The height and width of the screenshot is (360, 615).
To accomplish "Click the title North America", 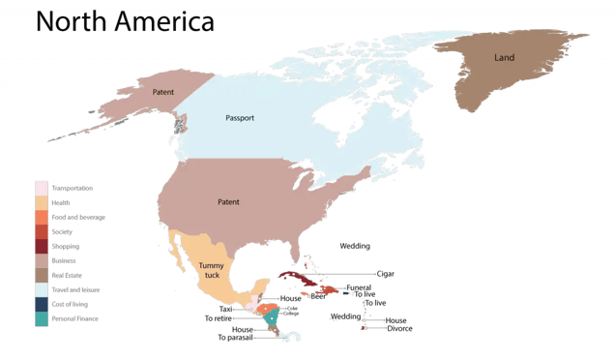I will [x=124, y=20].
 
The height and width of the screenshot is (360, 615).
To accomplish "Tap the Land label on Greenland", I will [x=504, y=58].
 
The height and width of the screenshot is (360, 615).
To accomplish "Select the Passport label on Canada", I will [x=239, y=118].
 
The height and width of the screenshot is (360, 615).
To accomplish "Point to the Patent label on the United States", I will [x=223, y=202].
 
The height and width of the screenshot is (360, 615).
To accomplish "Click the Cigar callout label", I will [x=386, y=274].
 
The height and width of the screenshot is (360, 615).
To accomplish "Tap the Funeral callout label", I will [x=358, y=287].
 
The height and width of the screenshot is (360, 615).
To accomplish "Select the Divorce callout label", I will [x=399, y=328].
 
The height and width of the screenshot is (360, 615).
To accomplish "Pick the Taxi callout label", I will [x=226, y=309].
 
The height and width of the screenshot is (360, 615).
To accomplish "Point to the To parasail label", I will [x=235, y=338].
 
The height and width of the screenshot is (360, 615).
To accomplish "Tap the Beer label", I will [x=317, y=296].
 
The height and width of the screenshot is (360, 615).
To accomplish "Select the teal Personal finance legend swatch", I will [x=42, y=317].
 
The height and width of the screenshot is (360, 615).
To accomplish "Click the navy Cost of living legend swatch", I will [x=42, y=303].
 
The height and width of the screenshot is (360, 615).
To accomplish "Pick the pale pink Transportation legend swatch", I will [x=42, y=188].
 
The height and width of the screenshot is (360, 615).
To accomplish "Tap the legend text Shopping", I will [x=66, y=246].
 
